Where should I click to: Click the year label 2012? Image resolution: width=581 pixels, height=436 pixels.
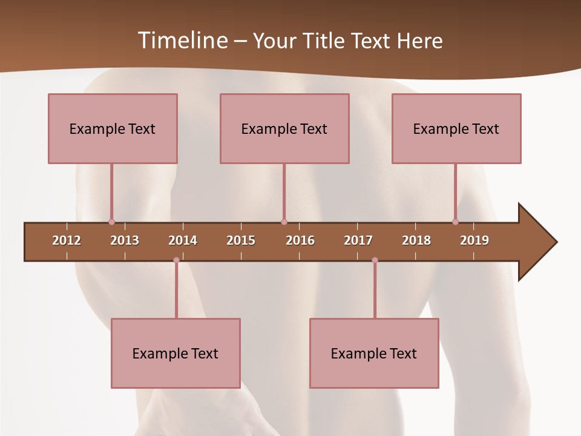click(x=67, y=240)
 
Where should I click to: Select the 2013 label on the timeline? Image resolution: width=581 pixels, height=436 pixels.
click(x=125, y=240)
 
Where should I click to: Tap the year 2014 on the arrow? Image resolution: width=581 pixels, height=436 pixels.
click(x=183, y=240)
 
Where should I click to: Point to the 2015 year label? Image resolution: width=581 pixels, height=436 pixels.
click(x=241, y=240)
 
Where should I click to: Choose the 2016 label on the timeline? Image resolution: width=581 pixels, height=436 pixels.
click(x=300, y=240)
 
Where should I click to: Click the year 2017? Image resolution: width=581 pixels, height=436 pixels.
click(x=358, y=240)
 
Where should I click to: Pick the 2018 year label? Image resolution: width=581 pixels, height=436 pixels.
click(x=416, y=240)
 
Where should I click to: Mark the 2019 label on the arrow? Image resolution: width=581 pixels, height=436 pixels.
click(x=474, y=240)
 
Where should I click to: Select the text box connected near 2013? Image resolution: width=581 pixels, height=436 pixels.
click(x=113, y=128)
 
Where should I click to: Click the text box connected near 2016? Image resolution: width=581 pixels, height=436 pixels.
click(x=284, y=128)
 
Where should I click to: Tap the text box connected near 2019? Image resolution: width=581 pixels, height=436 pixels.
click(x=456, y=128)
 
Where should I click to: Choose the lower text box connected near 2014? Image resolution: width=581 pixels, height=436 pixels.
click(x=176, y=353)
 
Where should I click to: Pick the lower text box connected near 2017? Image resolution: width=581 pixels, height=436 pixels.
click(x=374, y=353)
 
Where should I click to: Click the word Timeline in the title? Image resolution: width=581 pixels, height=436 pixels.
click(x=182, y=41)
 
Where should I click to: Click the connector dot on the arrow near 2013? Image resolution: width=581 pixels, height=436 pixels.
click(x=111, y=222)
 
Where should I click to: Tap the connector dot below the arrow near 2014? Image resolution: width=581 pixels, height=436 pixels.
click(x=176, y=260)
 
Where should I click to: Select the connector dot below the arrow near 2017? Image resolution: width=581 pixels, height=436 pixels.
click(x=375, y=260)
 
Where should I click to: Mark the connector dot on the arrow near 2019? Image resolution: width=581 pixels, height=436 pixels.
click(x=455, y=222)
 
